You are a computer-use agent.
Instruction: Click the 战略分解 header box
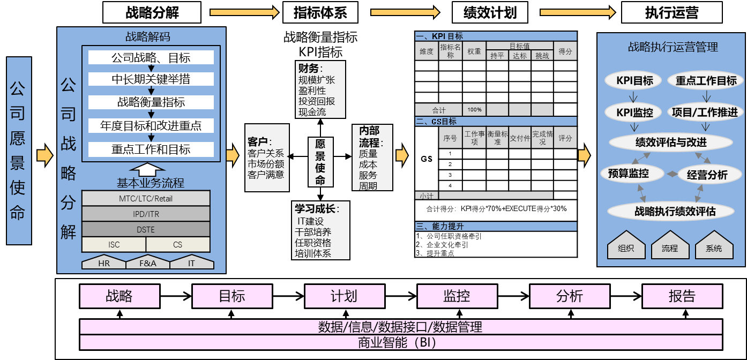152,12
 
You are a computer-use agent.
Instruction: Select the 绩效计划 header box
490,12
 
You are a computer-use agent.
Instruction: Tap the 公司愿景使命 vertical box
19,151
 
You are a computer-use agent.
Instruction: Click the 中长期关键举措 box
151,79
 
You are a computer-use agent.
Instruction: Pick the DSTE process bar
145,229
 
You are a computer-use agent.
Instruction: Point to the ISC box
114,244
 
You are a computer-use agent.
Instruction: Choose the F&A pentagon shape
147,263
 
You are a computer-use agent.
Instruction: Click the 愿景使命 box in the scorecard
320,162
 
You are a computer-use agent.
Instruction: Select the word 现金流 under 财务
312,112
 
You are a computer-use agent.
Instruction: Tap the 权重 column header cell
474,51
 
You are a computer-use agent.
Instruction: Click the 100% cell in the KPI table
474,110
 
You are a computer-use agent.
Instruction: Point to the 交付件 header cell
519,138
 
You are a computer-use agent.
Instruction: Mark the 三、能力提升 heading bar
496,227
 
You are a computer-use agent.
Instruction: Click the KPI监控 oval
634,112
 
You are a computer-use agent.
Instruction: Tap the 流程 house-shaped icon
670,246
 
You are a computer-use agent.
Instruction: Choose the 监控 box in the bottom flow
457,296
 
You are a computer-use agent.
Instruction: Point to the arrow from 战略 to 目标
176,296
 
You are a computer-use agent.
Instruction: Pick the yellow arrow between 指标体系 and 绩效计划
405,12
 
